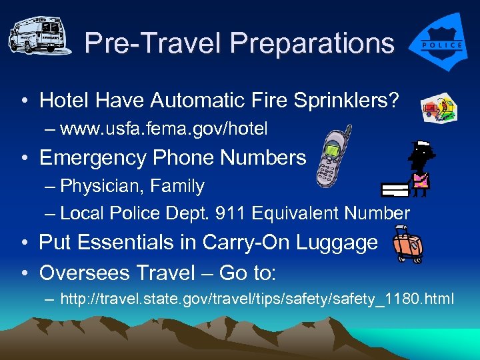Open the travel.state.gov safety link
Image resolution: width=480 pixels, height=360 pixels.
pos(257,299)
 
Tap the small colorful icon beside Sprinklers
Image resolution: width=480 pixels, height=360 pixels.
pos(438,107)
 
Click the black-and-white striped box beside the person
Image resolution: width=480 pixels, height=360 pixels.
pos(395,190)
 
